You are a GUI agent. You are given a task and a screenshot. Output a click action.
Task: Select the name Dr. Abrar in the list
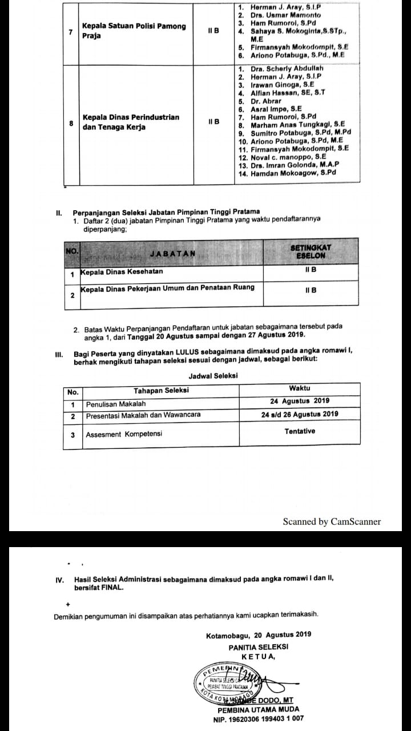pyautogui.click(x=266, y=101)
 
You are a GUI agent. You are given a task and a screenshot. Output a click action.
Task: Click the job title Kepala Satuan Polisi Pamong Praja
pyautogui.click(x=134, y=31)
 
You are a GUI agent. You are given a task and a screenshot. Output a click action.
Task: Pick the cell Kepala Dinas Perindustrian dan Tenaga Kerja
pyautogui.click(x=131, y=122)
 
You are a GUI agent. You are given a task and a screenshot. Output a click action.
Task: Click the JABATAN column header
pyautogui.click(x=172, y=253)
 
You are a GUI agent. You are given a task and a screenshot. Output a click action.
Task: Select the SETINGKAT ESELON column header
pyautogui.click(x=311, y=252)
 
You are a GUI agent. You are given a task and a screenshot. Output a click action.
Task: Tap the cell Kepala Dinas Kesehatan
pyautogui.click(x=122, y=272)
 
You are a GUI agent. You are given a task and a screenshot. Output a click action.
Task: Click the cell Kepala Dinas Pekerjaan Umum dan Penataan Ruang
pyautogui.click(x=168, y=288)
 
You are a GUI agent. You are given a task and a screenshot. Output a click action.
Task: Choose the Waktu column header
pyautogui.click(x=300, y=388)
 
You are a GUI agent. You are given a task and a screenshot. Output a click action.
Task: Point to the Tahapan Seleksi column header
pyautogui.click(x=161, y=391)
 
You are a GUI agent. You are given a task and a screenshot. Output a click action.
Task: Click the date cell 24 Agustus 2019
pyautogui.click(x=300, y=401)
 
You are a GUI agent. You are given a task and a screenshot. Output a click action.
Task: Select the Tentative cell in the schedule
pyautogui.click(x=300, y=431)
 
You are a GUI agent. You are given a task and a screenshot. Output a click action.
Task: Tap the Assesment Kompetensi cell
pyautogui.click(x=124, y=434)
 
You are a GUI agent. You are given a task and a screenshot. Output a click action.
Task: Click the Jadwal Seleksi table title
pyautogui.click(x=213, y=376)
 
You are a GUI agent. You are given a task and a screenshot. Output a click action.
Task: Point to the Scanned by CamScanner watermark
pyautogui.click(x=332, y=521)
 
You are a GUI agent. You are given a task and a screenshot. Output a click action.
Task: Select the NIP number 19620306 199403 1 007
pyautogui.click(x=258, y=718)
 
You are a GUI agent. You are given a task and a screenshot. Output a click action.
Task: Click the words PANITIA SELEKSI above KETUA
pyautogui.click(x=258, y=647)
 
